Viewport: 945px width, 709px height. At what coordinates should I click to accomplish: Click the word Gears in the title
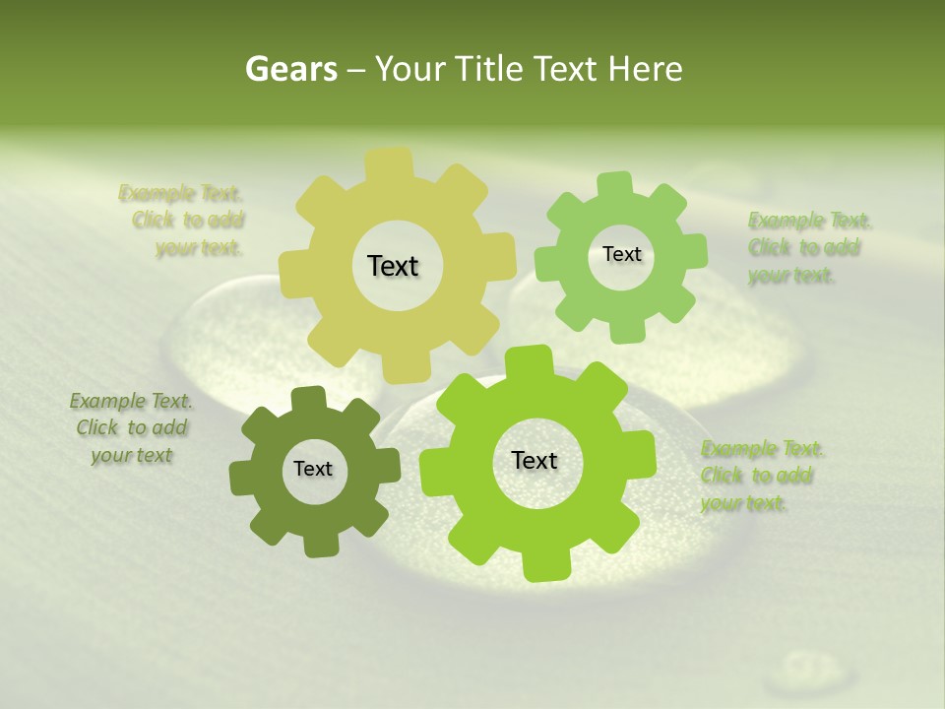click(290, 69)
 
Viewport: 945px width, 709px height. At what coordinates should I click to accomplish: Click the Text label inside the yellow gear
click(393, 266)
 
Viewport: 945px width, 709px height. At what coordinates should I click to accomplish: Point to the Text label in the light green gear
click(621, 254)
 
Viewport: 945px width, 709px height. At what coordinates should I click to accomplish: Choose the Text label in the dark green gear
click(313, 469)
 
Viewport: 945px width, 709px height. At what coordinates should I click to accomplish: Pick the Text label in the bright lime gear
click(535, 460)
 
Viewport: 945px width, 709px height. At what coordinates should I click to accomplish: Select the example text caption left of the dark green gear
click(131, 428)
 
